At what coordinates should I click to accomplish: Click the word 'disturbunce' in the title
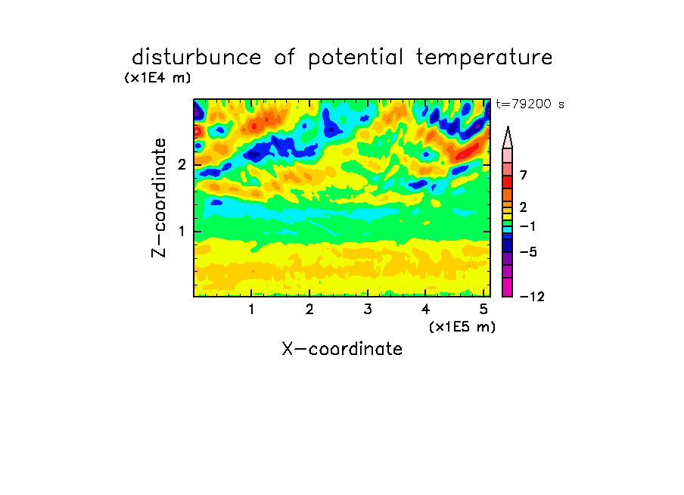[x=196, y=58]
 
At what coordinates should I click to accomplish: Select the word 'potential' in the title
[x=356, y=58]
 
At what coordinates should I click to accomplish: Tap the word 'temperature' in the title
[x=484, y=58]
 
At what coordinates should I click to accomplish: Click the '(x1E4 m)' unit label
[x=157, y=78]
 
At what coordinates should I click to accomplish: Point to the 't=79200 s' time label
[x=530, y=104]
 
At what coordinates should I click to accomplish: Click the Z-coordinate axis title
[x=159, y=198]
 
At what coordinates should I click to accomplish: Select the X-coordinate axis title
[x=342, y=349]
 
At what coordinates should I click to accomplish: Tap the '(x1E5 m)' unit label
[x=462, y=327]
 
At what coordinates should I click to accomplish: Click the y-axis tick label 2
[x=182, y=165]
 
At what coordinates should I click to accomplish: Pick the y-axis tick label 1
[x=182, y=232]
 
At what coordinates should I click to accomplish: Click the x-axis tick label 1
[x=252, y=310]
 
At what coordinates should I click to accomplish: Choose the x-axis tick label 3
[x=368, y=310]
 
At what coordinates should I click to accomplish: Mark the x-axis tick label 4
[x=426, y=310]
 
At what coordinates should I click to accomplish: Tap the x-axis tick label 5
[x=483, y=310]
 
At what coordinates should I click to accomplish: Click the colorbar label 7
[x=524, y=176]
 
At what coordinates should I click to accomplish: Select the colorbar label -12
[x=532, y=297]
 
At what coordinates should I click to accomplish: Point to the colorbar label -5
[x=528, y=252]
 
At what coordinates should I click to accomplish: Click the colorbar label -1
[x=527, y=226]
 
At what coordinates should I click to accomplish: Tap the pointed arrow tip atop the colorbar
[x=508, y=127]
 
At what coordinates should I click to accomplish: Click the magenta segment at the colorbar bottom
[x=508, y=288]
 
